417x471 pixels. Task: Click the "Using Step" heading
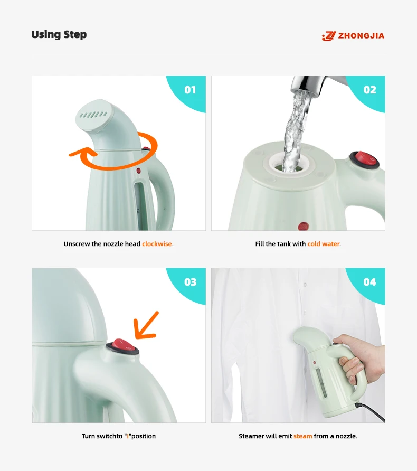pyautogui.click(x=59, y=34)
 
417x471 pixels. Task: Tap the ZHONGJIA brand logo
pyautogui.click(x=353, y=36)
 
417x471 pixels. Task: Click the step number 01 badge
pyautogui.click(x=190, y=90)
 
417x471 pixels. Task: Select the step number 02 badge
pyautogui.click(x=369, y=90)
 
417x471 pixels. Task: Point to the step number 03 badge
pyautogui.click(x=190, y=282)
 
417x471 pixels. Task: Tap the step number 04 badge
pyautogui.click(x=369, y=282)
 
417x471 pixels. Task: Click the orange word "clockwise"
pyautogui.click(x=157, y=244)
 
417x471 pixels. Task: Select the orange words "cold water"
pyautogui.click(x=324, y=244)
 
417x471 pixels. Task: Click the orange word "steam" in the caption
pyautogui.click(x=302, y=436)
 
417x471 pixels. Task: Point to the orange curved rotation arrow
pyautogui.click(x=120, y=167)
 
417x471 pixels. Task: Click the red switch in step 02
pyautogui.click(x=364, y=159)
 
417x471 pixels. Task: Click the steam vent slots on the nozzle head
pyautogui.click(x=93, y=115)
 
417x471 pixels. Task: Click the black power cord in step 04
pyautogui.click(x=371, y=412)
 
